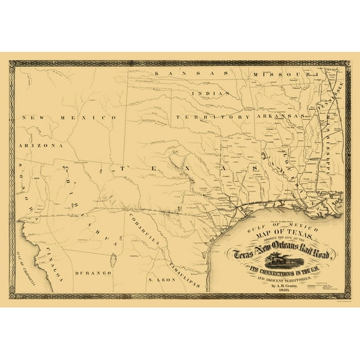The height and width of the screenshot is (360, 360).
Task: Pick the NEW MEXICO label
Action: [68, 117]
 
